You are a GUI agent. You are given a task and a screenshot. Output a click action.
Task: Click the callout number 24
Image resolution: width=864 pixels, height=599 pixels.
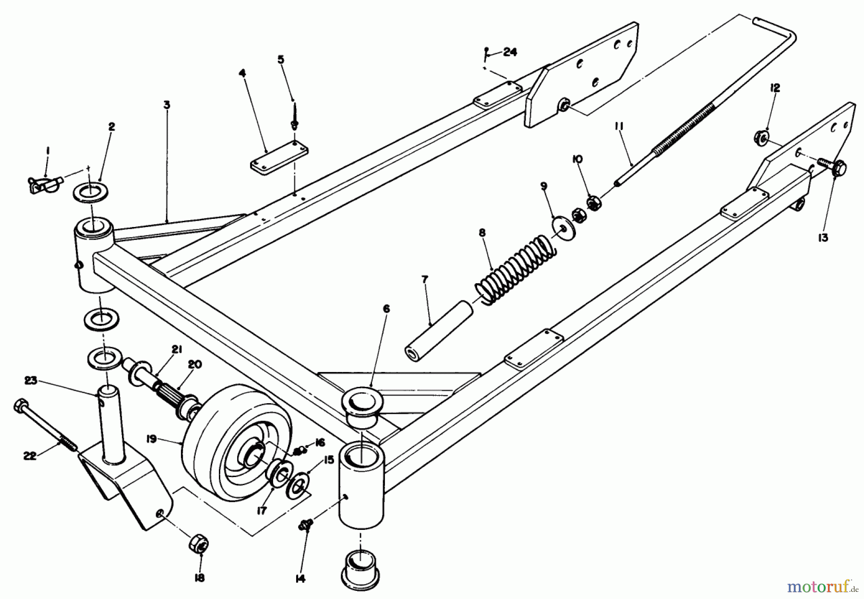(x=510, y=53)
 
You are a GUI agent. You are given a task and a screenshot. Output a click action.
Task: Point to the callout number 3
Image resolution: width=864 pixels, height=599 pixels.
(x=166, y=105)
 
